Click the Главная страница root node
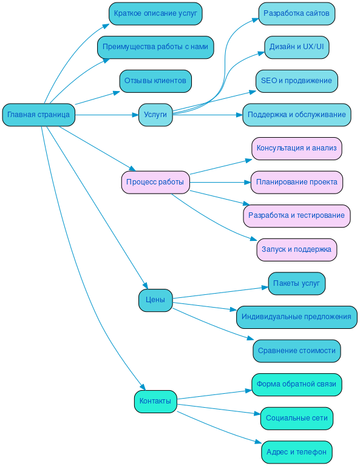pos(39,115)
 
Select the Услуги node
pos(155,115)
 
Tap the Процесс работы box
pos(155,182)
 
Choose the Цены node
pos(155,300)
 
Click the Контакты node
pos(155,401)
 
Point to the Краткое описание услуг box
pos(155,13)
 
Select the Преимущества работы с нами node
pos(155,47)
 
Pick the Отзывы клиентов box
pos(155,81)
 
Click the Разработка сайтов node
pos(296,13)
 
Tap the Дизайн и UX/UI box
pos(296,47)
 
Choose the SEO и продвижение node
pos(296,81)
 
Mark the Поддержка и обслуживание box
pos(296,115)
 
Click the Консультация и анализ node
pos(296,148)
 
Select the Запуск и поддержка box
pos(296,249)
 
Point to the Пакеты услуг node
pos(296,283)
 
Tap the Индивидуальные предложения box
pos(296,317)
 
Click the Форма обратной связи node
pos(296,384)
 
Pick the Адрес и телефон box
pos(296,452)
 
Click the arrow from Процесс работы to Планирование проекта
pos(219,182)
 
